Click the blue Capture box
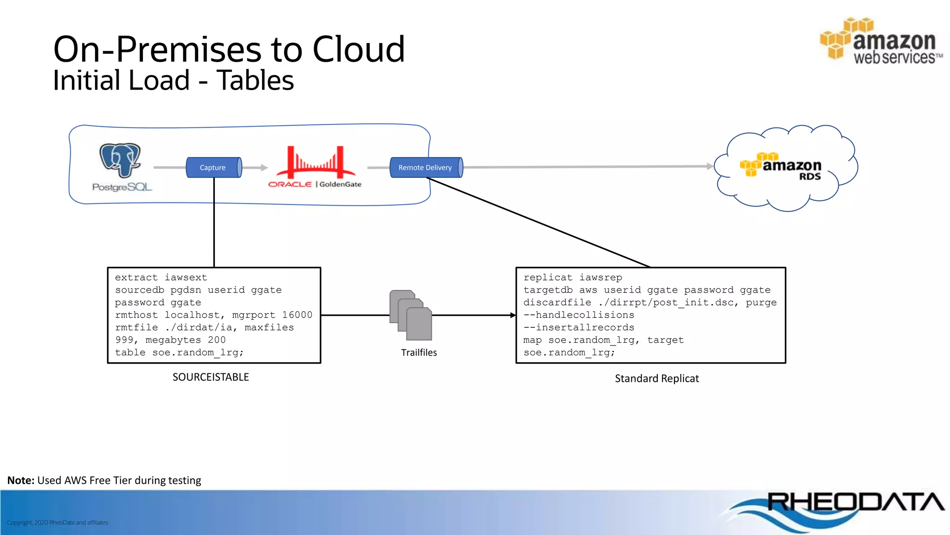tap(213, 168)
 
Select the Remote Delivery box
tap(425, 168)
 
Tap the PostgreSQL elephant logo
tap(120, 160)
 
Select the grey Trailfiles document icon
tap(411, 315)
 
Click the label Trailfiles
tap(419, 353)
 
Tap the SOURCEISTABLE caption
tap(211, 377)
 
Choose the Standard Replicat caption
tap(656, 379)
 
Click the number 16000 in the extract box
tap(297, 315)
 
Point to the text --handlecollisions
tap(578, 315)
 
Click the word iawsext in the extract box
tap(186, 277)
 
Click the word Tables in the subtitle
tap(255, 80)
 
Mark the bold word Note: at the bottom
tap(21, 481)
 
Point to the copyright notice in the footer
tap(58, 523)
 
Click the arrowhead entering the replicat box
tap(513, 315)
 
